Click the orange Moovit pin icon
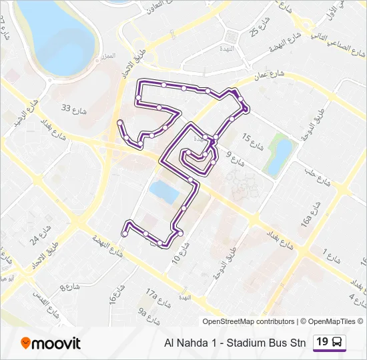pyautogui.click(x=27, y=343)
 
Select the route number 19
pyautogui.click(x=322, y=342)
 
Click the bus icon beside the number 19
pyautogui.click(x=338, y=343)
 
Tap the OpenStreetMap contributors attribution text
pyautogui.click(x=248, y=321)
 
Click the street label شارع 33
pyautogui.click(x=75, y=109)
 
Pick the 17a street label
pyautogui.click(x=152, y=293)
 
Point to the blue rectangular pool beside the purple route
pyautogui.click(x=163, y=192)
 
